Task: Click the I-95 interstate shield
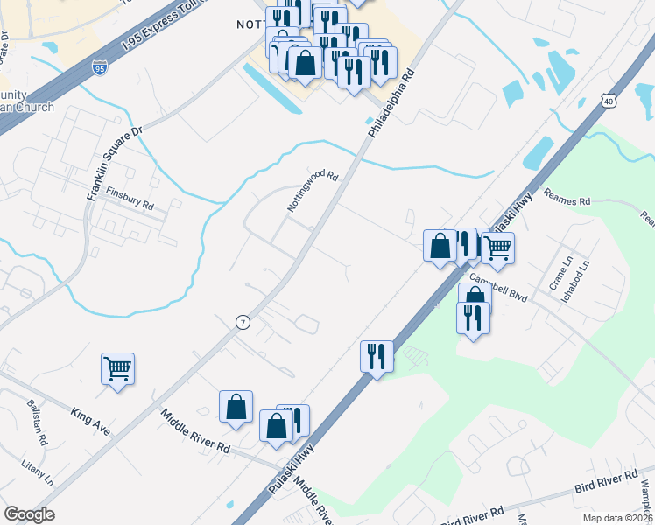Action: point(100,66)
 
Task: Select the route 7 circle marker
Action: point(242,322)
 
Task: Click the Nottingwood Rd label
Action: point(313,192)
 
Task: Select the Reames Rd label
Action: point(567,200)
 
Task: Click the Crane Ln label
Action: point(559,263)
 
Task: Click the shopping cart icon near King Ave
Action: point(117,367)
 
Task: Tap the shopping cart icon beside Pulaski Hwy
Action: point(497,247)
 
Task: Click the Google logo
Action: point(30,514)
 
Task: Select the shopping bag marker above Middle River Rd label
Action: point(236,407)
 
